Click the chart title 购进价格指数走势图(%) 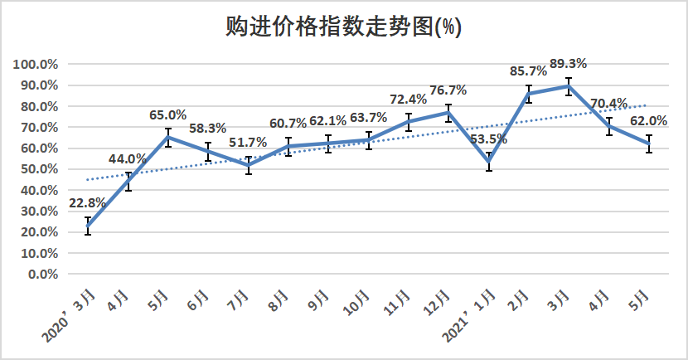(x=343, y=27)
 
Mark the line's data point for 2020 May (x=167, y=137)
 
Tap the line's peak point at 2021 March (x=569, y=86)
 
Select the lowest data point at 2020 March (x=88, y=226)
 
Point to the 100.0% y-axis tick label (x=36, y=64)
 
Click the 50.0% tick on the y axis (x=38, y=169)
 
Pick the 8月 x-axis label (x=282, y=299)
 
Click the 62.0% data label (x=649, y=121)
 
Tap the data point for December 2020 (x=448, y=112)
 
